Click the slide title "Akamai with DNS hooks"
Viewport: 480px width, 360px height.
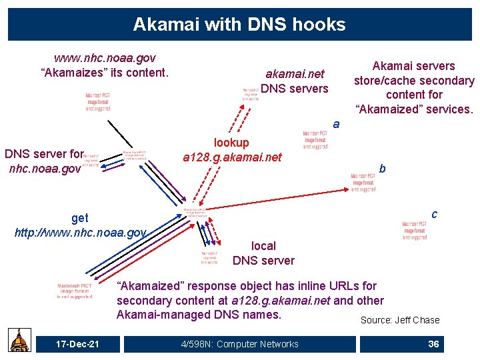click(239, 25)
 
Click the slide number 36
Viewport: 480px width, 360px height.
click(433, 344)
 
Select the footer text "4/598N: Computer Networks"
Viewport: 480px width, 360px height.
click(240, 344)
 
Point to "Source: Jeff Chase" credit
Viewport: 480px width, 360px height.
click(400, 320)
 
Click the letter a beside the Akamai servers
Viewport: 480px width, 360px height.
click(336, 124)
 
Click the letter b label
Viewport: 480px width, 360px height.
click(382, 169)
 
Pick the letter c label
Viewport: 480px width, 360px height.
click(434, 213)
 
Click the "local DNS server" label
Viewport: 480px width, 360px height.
click(263, 253)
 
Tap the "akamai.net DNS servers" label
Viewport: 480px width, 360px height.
click(295, 81)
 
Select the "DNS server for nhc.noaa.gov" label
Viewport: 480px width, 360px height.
click(44, 161)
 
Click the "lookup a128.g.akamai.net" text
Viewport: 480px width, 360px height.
click(232, 150)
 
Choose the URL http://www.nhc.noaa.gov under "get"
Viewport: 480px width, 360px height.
click(80, 233)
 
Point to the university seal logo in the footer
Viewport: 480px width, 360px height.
click(19, 341)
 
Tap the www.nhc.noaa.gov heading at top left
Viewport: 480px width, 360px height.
click(105, 58)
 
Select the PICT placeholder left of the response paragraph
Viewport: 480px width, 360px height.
click(75, 291)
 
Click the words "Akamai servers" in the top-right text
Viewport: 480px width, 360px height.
click(413, 65)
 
